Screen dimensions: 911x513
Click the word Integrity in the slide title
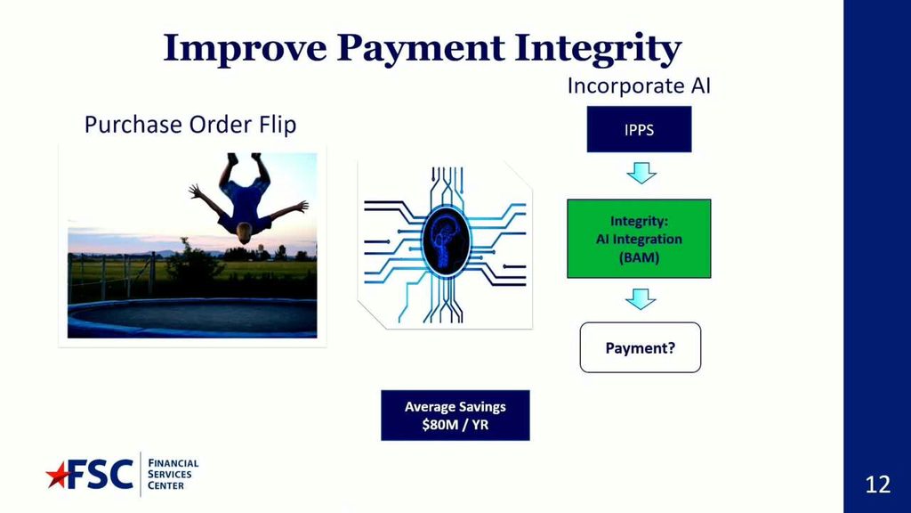598,49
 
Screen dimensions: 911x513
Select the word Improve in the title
245,48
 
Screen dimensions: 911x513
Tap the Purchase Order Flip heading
190,125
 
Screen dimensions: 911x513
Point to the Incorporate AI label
639,86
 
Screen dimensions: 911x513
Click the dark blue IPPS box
639,129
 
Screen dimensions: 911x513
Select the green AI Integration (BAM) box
639,239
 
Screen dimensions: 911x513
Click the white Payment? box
641,347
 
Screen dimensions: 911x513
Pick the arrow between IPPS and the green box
641,173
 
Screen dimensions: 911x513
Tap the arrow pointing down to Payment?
641,299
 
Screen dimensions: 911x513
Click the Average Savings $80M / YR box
455,415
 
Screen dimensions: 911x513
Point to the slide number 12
878,484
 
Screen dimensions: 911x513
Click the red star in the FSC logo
58,476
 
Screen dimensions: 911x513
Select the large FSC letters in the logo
100,474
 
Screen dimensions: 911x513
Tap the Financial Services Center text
173,474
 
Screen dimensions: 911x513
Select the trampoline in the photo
192,318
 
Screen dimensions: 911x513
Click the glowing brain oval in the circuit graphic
446,240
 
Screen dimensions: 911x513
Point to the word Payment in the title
421,49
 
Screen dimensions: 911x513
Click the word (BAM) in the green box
639,257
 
